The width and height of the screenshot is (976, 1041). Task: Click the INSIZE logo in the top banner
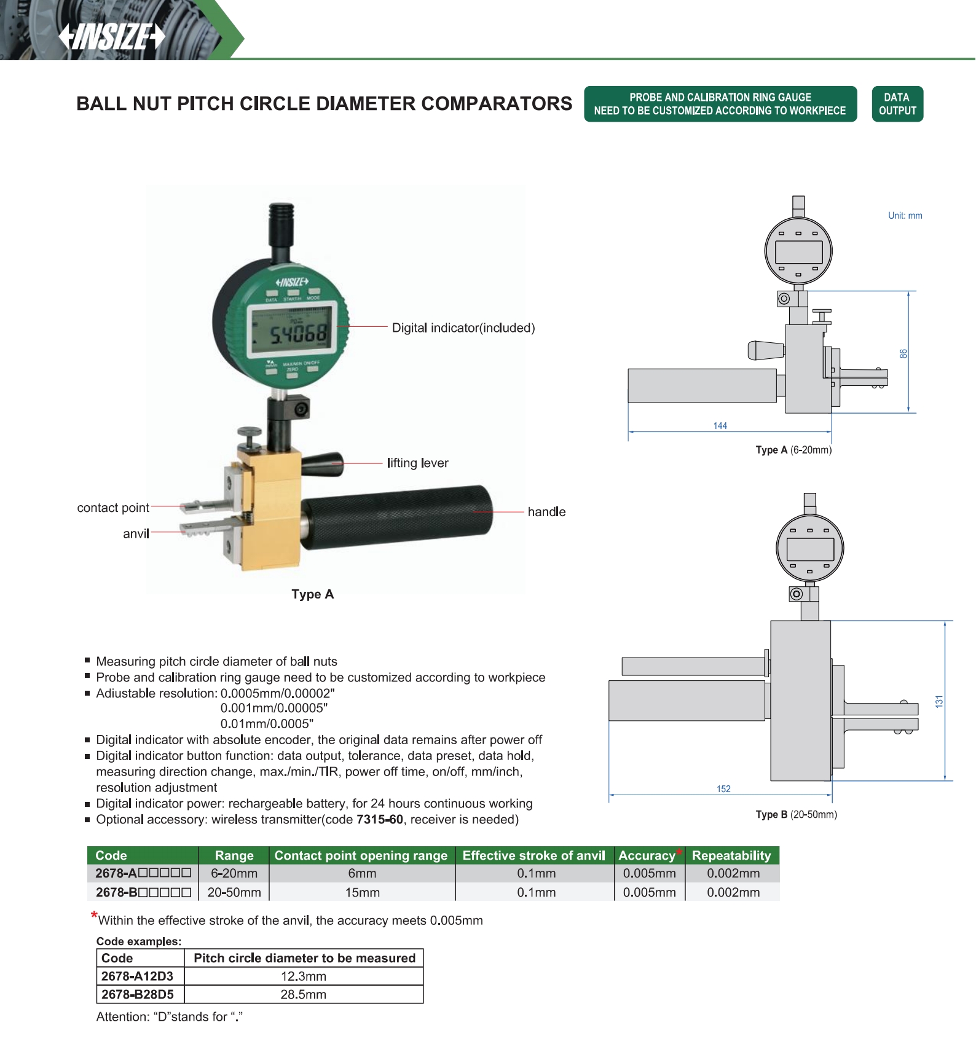click(112, 36)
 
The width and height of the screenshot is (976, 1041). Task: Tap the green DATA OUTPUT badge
click(897, 104)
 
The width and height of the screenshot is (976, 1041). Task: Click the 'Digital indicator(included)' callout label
click(463, 328)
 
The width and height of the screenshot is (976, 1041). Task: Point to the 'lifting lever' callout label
click(417, 463)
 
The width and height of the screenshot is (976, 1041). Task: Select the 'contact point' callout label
click(113, 508)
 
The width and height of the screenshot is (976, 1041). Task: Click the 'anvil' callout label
click(136, 534)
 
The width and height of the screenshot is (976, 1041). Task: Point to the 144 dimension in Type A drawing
click(720, 426)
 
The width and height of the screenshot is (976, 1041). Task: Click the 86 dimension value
click(903, 354)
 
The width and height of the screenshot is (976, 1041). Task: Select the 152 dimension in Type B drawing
click(723, 789)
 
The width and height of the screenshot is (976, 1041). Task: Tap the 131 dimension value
click(939, 702)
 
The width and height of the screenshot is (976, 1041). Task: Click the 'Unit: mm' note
click(905, 216)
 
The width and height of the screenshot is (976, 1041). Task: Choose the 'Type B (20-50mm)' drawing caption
click(796, 815)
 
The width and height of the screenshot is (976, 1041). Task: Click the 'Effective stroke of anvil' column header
click(533, 855)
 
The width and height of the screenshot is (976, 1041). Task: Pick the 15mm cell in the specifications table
click(362, 892)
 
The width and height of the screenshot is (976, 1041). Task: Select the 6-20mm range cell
click(234, 873)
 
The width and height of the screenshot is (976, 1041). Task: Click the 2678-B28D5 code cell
click(138, 994)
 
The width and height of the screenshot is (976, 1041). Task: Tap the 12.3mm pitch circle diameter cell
click(304, 976)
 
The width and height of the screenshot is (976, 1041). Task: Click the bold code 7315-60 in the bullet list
click(380, 820)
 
